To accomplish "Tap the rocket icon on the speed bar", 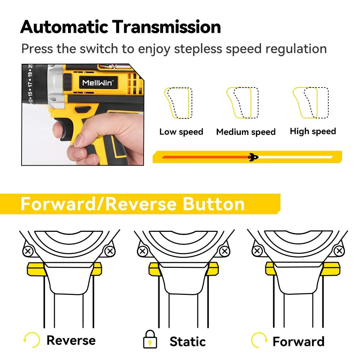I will click(x=253, y=157).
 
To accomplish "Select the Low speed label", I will click(x=181, y=132).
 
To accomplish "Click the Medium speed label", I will click(x=246, y=132).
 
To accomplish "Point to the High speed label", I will click(x=313, y=131).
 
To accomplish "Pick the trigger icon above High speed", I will click(x=310, y=103).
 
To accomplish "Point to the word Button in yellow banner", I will click(x=214, y=204).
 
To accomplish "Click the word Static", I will click(x=188, y=341).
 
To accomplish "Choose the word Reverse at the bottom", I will click(x=71, y=340).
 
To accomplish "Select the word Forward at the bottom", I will click(x=298, y=341).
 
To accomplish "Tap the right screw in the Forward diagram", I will click(x=338, y=251).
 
